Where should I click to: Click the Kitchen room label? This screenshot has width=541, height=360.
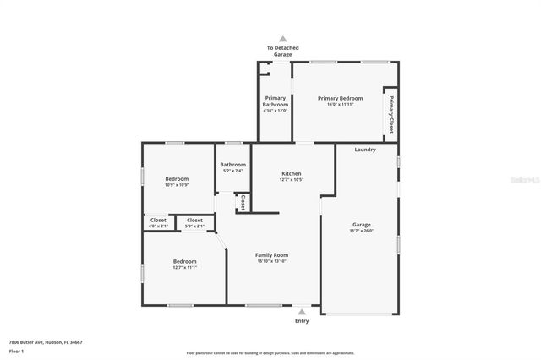[292, 173]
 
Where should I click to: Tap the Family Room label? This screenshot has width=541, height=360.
[272, 255]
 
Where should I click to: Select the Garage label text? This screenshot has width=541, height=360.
[361, 225]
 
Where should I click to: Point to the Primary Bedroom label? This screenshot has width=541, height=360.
[340, 99]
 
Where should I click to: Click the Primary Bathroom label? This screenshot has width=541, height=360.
[276, 101]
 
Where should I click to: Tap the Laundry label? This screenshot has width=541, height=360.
[365, 150]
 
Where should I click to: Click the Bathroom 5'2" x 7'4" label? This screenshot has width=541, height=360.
[232, 165]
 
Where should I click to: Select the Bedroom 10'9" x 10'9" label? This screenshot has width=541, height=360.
[177, 179]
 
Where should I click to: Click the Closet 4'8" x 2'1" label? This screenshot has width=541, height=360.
[158, 221]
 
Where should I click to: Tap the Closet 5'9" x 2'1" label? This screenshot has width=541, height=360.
[194, 221]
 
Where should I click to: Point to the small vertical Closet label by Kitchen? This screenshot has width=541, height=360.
[243, 203]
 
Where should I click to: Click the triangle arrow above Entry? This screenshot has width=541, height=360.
[302, 311]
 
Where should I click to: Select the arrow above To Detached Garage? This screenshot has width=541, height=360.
[282, 38]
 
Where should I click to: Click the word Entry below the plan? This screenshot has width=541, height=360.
[302, 321]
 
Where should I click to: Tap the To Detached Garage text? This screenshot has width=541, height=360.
[282, 51]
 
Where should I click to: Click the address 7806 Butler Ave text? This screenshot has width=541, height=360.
[46, 342]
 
